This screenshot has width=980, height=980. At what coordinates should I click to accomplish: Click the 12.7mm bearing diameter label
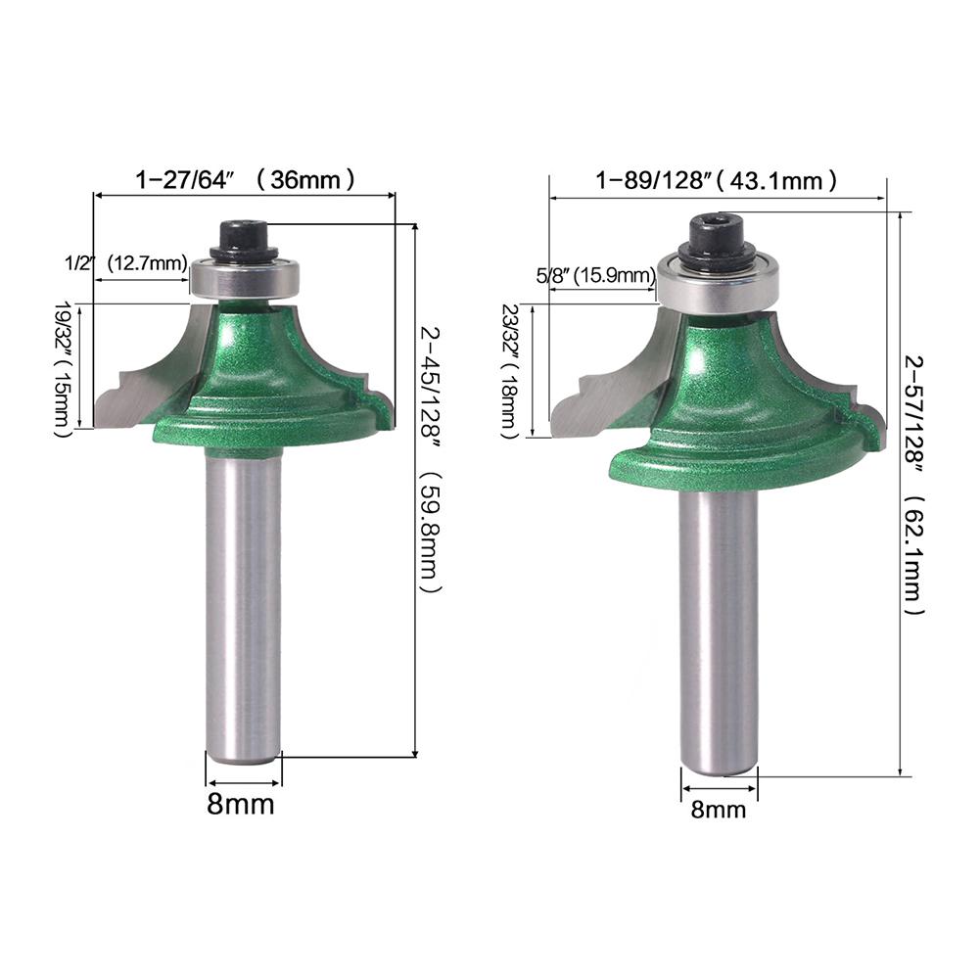148,263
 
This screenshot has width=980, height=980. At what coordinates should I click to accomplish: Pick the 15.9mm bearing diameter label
615,275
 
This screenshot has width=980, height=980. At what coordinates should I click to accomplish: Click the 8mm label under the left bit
241,804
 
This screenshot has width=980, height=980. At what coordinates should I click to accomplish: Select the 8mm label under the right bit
719,810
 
